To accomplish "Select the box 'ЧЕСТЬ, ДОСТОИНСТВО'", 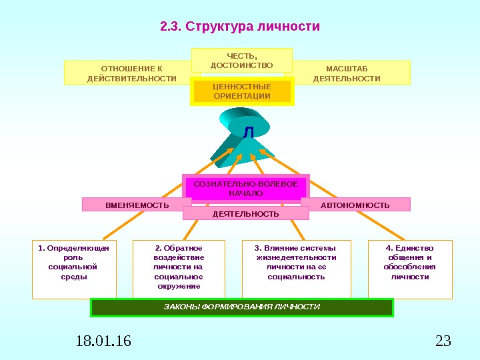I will point(241,60).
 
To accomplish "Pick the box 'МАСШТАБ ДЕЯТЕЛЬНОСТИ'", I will point(351,73).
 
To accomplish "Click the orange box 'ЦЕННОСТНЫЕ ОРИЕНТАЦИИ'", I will point(242,92).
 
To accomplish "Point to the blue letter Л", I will point(248,133).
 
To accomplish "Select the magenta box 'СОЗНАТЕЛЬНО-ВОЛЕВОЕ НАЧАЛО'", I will point(245,188).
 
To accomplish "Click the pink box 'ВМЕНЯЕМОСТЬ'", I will point(137,205).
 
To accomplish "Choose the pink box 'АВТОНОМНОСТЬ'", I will point(355,205).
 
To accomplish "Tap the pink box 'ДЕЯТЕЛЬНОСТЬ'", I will point(245,213).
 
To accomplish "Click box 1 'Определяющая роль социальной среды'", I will point(74,268).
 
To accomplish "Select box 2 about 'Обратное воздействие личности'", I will point(179,268).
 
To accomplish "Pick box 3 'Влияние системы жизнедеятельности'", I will point(296,268).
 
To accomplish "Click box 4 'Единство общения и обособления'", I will point(410,268).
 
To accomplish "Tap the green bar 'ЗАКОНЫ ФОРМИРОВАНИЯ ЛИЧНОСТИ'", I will point(242,307).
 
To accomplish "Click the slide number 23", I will point(443,343).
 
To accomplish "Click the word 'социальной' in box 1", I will point(73,267).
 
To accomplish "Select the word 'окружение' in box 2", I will point(179,286).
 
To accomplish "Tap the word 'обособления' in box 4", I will point(410,267).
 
